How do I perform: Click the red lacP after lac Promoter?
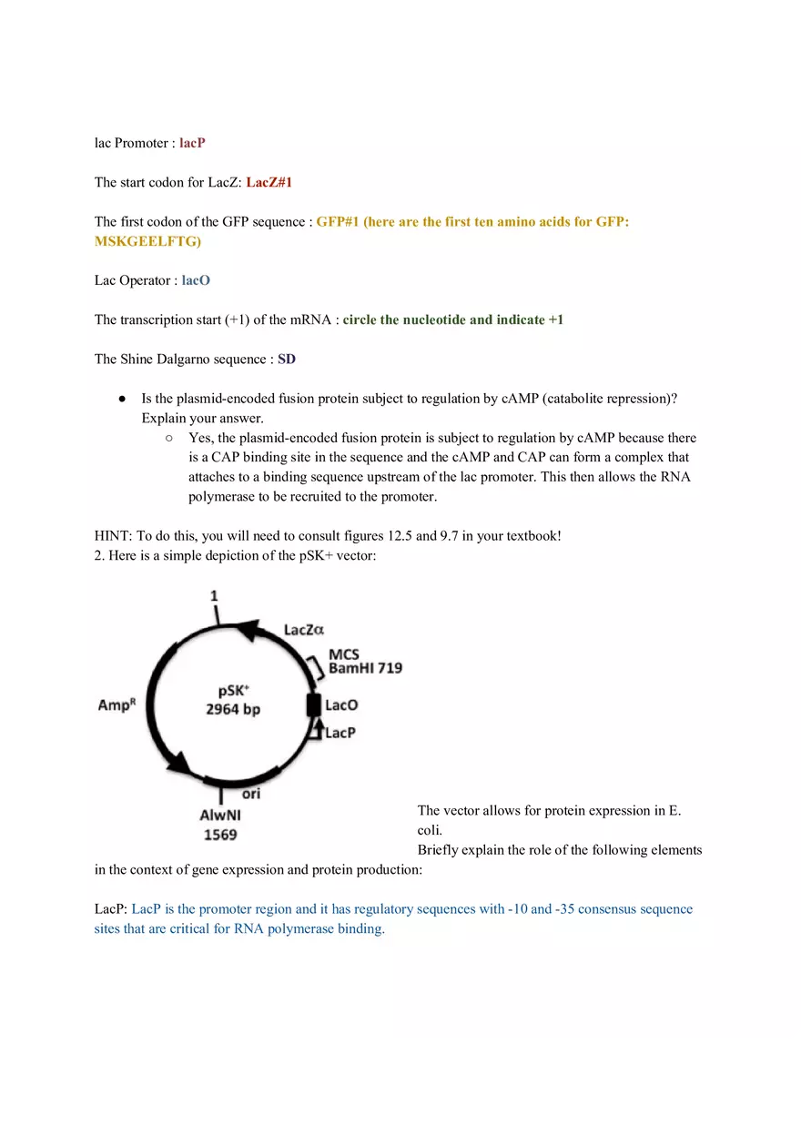192,143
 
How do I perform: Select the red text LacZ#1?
269,182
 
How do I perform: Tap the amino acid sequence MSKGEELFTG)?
147,241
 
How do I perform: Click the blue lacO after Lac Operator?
196,280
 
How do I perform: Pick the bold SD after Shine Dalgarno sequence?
287,360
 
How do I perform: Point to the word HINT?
112,535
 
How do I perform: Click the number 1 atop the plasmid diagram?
215,596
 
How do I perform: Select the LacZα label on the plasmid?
304,630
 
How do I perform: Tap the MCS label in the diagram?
343,654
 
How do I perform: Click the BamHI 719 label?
365,669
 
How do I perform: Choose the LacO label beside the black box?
341,705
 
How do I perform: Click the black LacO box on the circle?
313,705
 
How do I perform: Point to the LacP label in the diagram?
340,733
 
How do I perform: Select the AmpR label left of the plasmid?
117,705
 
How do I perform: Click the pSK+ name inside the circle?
234,691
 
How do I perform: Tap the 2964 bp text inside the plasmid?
233,709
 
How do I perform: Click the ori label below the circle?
251,794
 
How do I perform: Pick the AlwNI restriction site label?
220,816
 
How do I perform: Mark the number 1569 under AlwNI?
220,835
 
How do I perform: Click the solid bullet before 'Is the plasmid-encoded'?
122,400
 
